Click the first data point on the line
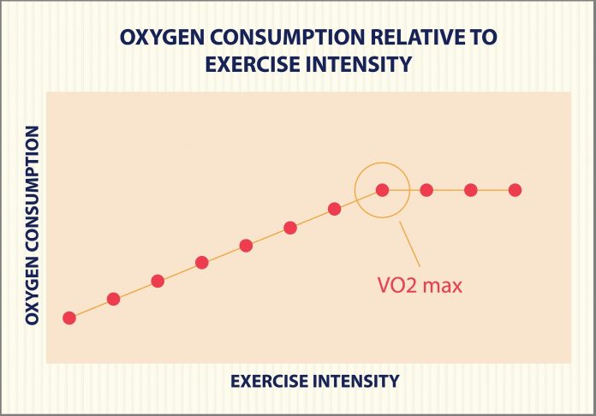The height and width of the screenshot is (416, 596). [x=69, y=318]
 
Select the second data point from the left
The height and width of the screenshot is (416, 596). [x=113, y=299]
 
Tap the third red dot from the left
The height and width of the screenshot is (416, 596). [x=158, y=281]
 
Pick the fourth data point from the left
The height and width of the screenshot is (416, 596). [x=202, y=263]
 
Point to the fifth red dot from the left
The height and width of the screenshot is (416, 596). [x=247, y=246]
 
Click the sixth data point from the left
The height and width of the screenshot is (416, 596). [x=290, y=228]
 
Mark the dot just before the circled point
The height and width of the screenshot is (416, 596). [x=335, y=209]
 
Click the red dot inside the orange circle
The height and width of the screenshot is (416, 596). [x=382, y=190]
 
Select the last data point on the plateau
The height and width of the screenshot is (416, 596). [x=515, y=190]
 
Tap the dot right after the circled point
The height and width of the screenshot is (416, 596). [x=426, y=190]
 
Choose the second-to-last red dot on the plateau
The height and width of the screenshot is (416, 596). [x=470, y=190]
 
